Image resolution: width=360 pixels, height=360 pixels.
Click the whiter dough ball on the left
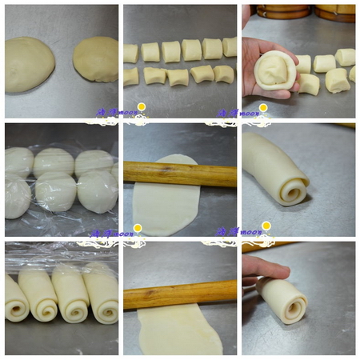29,65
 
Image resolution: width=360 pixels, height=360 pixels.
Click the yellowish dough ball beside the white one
95,58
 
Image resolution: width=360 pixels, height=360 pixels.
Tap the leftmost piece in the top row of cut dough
130,53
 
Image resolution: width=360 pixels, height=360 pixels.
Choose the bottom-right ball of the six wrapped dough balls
98,193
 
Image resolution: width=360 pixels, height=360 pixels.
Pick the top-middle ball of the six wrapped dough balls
54,162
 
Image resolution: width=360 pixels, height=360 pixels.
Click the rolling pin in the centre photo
179,174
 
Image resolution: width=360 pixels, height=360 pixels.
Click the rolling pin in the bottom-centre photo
179,293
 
